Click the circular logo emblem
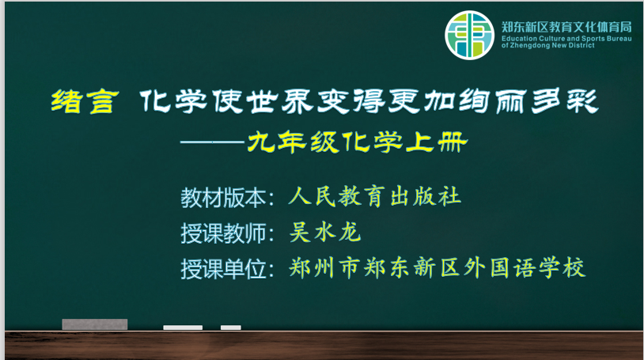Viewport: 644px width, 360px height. (x=469, y=36)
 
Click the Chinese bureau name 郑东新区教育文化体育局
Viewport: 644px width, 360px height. (x=566, y=27)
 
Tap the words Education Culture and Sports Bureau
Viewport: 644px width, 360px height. (x=566, y=39)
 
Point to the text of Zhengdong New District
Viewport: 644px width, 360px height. (x=548, y=45)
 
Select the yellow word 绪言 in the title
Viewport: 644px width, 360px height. (x=85, y=101)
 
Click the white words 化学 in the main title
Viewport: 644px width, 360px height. (x=173, y=101)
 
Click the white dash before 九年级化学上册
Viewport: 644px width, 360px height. (x=212, y=142)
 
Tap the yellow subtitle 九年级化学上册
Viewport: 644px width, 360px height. (x=358, y=142)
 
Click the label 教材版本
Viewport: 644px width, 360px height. (x=223, y=198)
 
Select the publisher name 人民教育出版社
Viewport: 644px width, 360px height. (x=374, y=196)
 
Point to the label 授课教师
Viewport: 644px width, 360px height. (x=223, y=233)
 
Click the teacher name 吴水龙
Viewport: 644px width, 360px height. (x=325, y=232)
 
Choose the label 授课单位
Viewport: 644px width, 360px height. (x=223, y=270)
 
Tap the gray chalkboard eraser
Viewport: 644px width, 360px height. (x=95, y=324)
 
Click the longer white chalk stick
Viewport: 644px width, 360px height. (x=183, y=328)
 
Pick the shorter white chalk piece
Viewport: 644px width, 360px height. (x=231, y=328)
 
